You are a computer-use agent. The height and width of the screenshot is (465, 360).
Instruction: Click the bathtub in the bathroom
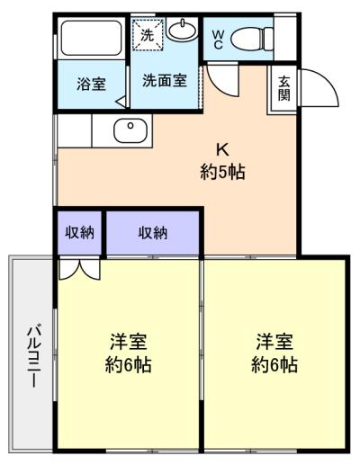[x=92, y=39]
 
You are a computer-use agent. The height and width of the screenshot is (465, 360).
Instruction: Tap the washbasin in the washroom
[x=182, y=29]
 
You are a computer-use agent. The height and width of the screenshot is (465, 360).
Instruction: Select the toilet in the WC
[x=252, y=39]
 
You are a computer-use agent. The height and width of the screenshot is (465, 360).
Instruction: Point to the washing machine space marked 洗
[x=148, y=34]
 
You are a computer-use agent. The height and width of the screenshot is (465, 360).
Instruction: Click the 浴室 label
[x=91, y=84]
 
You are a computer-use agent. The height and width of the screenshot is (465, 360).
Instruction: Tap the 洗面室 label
[x=165, y=80]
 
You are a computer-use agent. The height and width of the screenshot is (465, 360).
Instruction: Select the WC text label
[x=218, y=40]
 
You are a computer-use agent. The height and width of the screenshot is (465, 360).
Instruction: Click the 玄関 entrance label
[x=283, y=88]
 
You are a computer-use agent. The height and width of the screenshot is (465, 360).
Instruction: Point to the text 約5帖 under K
[x=223, y=172]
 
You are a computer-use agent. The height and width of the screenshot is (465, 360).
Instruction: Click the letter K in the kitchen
[x=223, y=150]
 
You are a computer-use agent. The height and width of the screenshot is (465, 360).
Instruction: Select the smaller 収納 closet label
[x=80, y=233]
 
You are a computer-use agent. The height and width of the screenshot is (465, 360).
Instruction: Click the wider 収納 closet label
[x=153, y=233]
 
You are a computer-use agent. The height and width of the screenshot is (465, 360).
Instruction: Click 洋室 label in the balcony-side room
[x=129, y=342]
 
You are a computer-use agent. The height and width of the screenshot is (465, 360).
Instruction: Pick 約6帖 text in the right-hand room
[x=274, y=365]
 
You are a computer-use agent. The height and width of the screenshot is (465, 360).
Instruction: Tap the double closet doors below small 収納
[x=79, y=268]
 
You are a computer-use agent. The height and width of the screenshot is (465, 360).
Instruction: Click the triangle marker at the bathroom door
[x=121, y=102]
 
